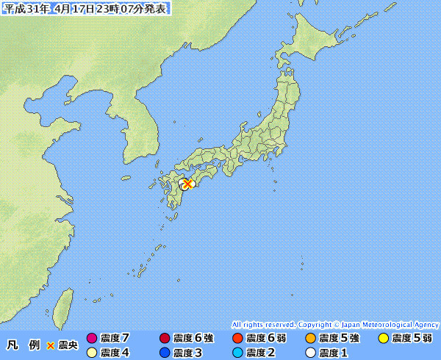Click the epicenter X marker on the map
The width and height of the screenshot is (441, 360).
[187, 184]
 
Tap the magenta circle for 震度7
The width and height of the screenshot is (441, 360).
[92, 339]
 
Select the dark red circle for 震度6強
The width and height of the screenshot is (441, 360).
[165, 339]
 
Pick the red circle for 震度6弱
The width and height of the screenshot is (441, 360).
[237, 339]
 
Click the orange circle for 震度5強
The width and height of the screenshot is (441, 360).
[310, 339]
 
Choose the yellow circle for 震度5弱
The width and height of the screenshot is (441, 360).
[383, 339]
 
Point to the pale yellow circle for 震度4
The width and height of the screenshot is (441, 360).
[92, 353]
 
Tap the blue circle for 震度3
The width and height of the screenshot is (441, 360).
[165, 353]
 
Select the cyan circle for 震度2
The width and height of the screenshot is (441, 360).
[237, 353]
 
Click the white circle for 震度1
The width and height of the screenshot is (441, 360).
[310, 353]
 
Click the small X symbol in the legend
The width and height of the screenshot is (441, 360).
[51, 345]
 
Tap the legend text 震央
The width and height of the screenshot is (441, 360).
[68, 345]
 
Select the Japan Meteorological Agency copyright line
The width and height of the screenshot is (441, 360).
[335, 324]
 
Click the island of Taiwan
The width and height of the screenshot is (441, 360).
[65, 303]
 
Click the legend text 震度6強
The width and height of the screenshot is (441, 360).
[193, 339]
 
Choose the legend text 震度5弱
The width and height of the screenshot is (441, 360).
[412, 339]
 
